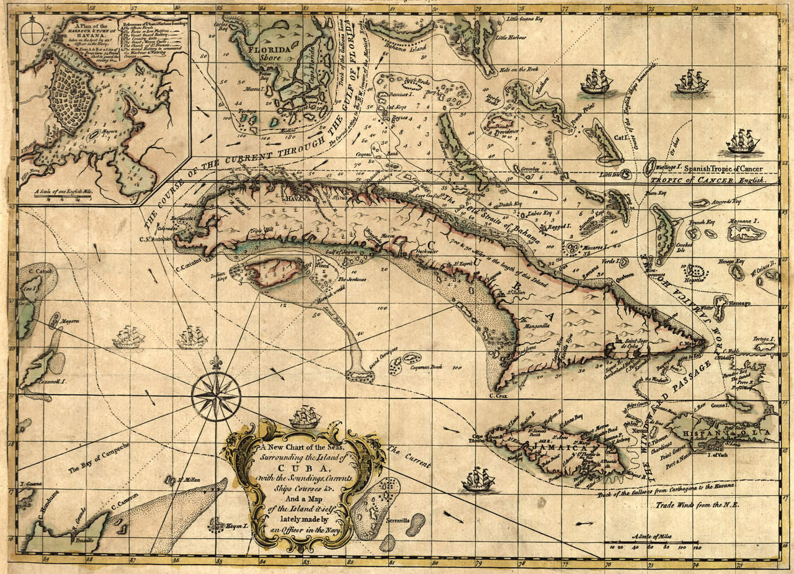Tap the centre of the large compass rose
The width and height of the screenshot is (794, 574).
click(216, 395)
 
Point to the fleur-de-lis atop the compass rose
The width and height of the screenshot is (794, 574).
click(216, 362)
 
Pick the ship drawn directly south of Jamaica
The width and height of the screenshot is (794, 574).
click(478, 479)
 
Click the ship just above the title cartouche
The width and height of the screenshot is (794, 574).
click(305, 416)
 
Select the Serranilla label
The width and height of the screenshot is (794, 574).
click(396, 521)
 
